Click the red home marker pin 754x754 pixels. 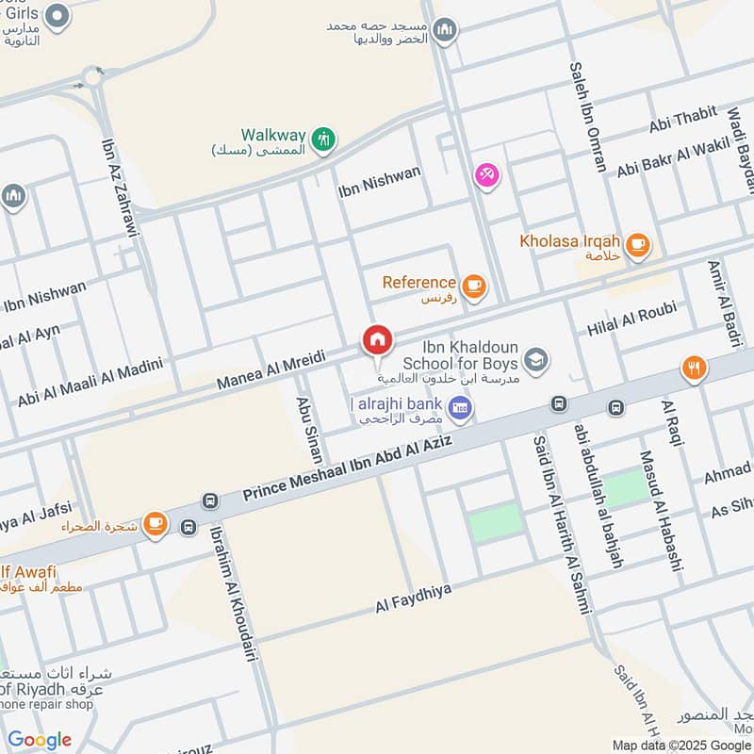click(x=377, y=340)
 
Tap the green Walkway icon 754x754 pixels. click(x=324, y=138)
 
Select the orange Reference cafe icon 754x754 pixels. click(x=474, y=285)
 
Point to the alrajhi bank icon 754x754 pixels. click(x=460, y=407)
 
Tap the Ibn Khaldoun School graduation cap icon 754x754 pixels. click(x=536, y=359)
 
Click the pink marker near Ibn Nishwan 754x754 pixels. click(x=486, y=175)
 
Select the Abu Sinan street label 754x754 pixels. click(x=309, y=427)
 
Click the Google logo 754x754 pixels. click(x=40, y=740)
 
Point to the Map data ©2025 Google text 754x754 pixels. click(x=680, y=745)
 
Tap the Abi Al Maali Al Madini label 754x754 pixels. click(x=90, y=383)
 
